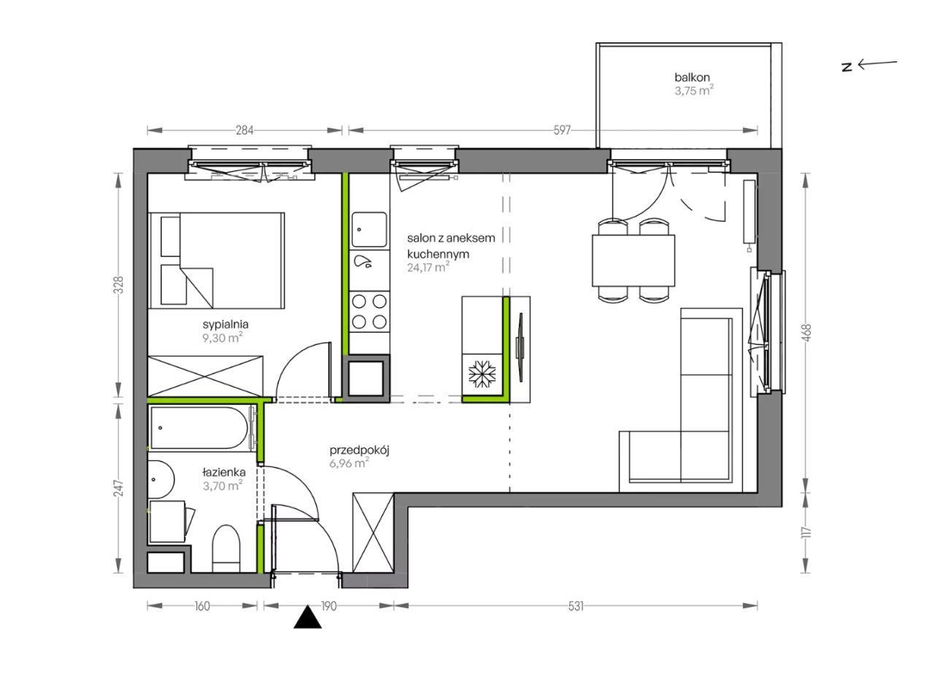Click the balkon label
(x=692, y=77)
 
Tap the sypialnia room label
(x=225, y=324)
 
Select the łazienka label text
(x=224, y=473)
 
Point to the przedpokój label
(x=360, y=451)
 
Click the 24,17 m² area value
(x=428, y=267)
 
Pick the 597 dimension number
(x=562, y=131)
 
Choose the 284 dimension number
(x=244, y=131)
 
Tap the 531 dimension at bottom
(x=576, y=606)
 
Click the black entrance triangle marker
(x=308, y=617)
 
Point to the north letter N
(x=847, y=67)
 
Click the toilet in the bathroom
(x=226, y=549)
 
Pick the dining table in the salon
(x=633, y=260)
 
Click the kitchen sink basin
(x=369, y=230)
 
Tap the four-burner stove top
(x=369, y=312)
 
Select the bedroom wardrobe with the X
(x=206, y=376)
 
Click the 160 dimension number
(x=202, y=606)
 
